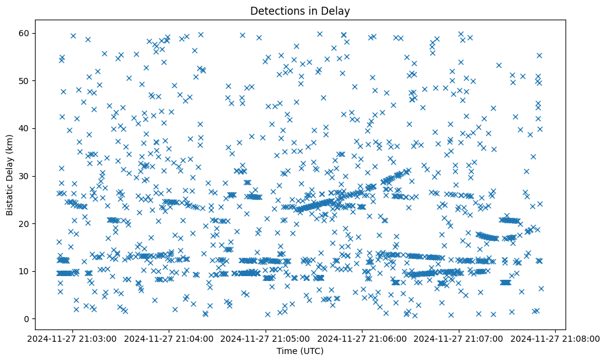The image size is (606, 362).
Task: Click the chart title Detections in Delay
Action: tap(301, 10)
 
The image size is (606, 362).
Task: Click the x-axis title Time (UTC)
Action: tap(301, 351)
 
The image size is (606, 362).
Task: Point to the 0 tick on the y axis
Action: tap(28, 319)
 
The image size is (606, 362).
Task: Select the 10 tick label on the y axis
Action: tap(25, 271)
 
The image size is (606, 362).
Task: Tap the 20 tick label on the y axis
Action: tap(25, 224)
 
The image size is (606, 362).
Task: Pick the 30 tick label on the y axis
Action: tap(25, 176)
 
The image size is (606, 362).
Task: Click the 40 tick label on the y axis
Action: tap(25, 128)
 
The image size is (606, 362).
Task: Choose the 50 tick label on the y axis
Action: tap(25, 81)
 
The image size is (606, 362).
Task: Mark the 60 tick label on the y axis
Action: tap(25, 33)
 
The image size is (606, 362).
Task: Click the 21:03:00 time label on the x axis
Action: tap(74, 338)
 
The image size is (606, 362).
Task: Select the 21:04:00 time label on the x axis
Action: tap(170, 338)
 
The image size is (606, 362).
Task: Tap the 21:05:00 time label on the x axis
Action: tap(266, 338)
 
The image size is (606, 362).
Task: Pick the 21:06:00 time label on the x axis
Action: tap(362, 338)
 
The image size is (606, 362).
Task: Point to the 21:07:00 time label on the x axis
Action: tap(459, 338)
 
